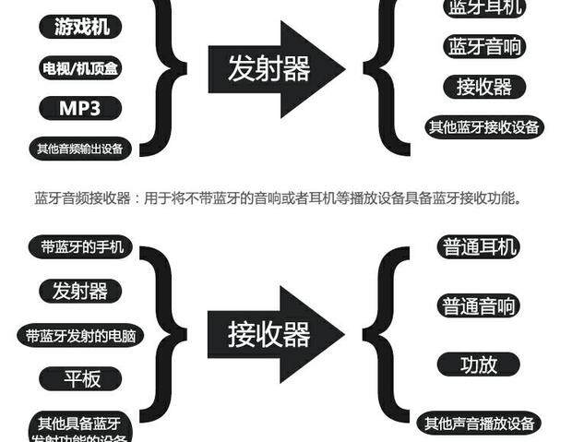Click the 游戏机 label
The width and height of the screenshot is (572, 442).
pyautogui.click(x=80, y=27)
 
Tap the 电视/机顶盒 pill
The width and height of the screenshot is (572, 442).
pyautogui.click(x=80, y=67)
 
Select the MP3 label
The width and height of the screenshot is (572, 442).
pyautogui.click(x=80, y=108)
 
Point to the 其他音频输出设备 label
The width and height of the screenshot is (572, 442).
pyautogui.click(x=80, y=148)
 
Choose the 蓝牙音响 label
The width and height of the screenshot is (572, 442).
pyautogui.click(x=484, y=47)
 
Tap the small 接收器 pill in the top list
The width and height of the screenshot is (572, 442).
pyautogui.click(x=484, y=88)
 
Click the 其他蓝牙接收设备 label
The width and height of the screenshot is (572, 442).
pyautogui.click(x=484, y=127)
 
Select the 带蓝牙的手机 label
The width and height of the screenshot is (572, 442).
pyautogui.click(x=81, y=247)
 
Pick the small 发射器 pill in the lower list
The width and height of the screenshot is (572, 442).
pyautogui.click(x=80, y=292)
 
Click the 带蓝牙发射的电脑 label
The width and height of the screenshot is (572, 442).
pyautogui.click(x=80, y=335)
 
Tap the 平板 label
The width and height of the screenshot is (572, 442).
pyautogui.click(x=80, y=378)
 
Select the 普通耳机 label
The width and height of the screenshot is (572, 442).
pyautogui.click(x=480, y=247)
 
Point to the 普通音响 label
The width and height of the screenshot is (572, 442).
pyautogui.click(x=480, y=305)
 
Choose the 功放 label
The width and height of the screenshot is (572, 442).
pyautogui.click(x=479, y=364)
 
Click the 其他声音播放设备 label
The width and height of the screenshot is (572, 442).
pyautogui.click(x=479, y=424)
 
